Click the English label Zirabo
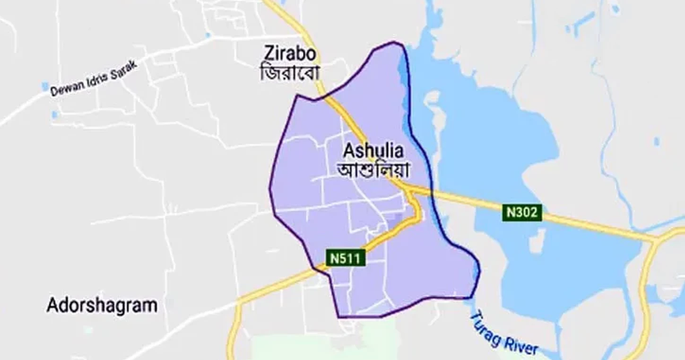click(290, 54)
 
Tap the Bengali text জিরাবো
click(290, 72)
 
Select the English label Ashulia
click(373, 151)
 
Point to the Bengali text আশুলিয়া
click(373, 169)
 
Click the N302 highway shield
click(521, 212)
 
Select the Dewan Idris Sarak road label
click(93, 79)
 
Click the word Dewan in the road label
click(66, 88)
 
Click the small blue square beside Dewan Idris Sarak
click(45, 87)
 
